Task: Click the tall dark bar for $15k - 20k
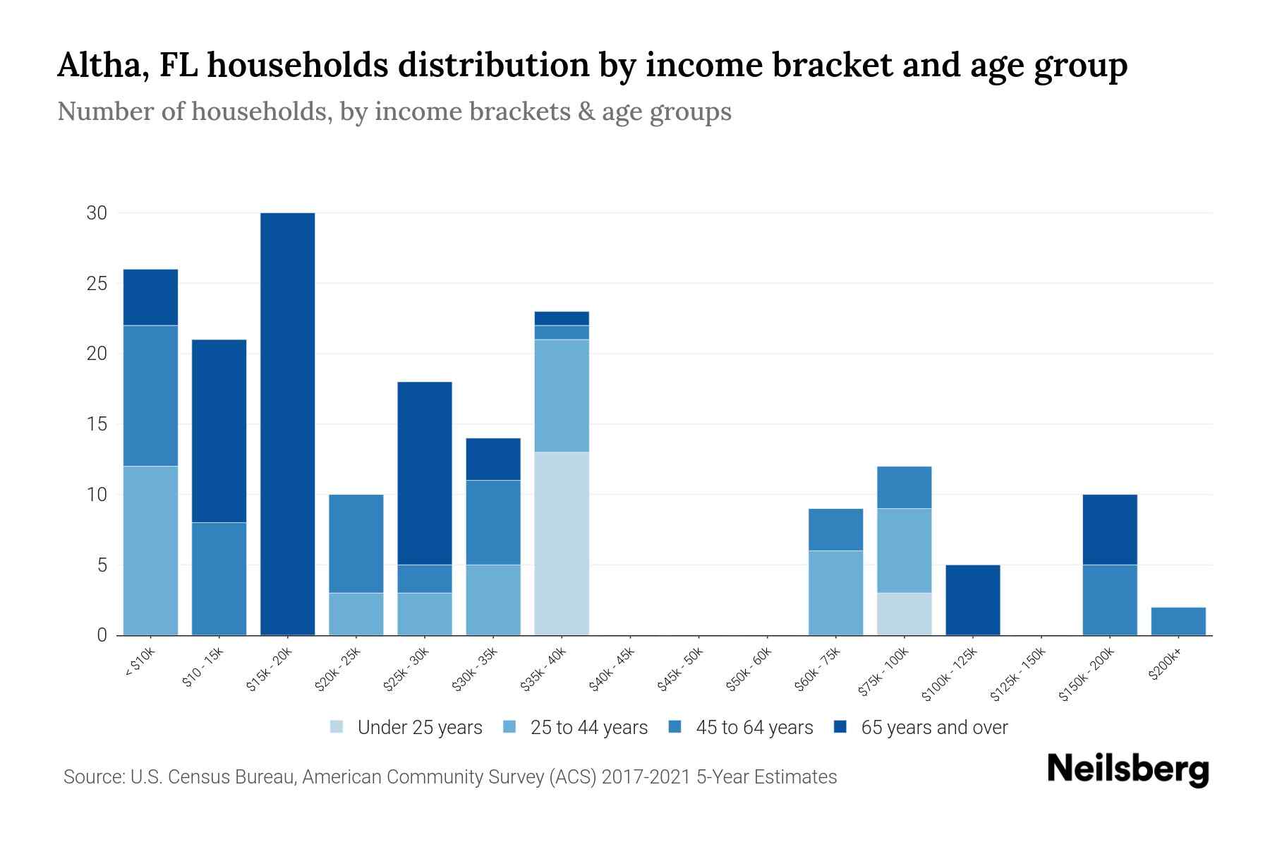(287, 423)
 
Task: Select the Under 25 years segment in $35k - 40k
(562, 543)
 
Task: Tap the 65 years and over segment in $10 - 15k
(219, 431)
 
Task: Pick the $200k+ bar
(1178, 621)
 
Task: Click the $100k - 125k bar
(972, 600)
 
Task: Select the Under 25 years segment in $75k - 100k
(904, 614)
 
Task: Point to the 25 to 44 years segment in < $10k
(150, 551)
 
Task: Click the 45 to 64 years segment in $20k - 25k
(356, 543)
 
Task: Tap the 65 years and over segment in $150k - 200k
(1109, 529)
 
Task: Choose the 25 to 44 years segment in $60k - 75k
(835, 593)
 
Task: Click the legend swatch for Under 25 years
(337, 727)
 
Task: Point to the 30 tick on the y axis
(97, 213)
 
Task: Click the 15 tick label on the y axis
(97, 424)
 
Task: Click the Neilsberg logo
(1127, 769)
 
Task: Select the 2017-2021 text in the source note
(646, 777)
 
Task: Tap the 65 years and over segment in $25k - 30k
(424, 473)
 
